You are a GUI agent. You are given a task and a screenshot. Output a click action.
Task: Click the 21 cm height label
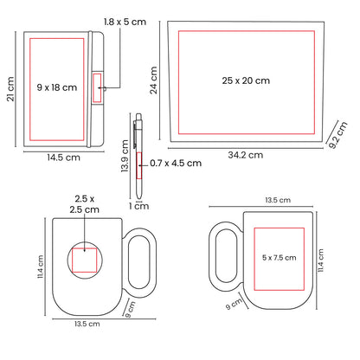[x=10, y=89]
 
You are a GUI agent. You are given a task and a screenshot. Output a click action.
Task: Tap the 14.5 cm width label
[x=63, y=157]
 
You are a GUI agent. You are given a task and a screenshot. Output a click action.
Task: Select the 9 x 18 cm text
[x=57, y=87]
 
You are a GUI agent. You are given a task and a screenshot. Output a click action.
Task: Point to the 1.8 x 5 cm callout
[x=125, y=22]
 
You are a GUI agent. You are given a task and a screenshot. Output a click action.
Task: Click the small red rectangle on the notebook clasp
[x=97, y=88]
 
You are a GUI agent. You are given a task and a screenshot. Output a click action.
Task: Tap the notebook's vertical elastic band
[x=90, y=89]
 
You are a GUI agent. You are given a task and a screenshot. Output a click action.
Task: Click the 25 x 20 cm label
[x=246, y=80]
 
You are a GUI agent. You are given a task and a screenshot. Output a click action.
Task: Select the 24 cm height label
[x=153, y=80]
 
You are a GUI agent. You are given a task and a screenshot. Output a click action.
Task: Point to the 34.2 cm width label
[x=246, y=155]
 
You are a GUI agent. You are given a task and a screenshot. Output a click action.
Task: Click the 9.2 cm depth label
[x=338, y=135]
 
